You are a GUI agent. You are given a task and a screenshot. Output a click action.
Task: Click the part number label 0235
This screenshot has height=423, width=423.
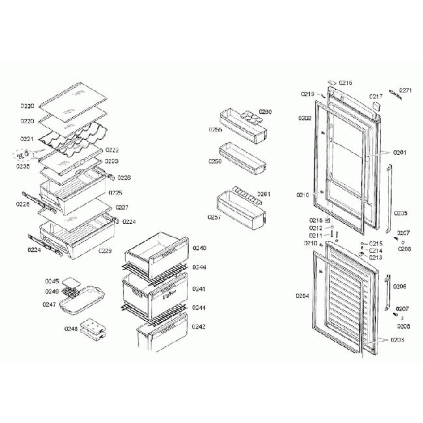coord(23,166)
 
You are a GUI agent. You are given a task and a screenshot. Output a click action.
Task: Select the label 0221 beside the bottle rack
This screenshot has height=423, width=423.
coord(27,139)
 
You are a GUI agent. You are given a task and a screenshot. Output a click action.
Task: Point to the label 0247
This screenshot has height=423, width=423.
coord(49,304)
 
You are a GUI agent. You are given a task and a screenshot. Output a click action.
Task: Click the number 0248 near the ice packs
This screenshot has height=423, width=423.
coord(71,329)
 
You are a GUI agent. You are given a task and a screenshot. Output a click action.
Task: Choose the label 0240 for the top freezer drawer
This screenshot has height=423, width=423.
coord(199,248)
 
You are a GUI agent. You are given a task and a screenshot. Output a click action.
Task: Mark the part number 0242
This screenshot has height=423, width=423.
coord(199,326)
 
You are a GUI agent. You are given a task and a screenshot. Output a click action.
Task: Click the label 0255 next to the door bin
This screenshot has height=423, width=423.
coord(215,130)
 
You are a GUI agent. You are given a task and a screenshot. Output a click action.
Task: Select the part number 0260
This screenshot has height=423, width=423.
coord(265,112)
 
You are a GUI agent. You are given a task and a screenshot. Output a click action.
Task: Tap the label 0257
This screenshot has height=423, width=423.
coord(215,217)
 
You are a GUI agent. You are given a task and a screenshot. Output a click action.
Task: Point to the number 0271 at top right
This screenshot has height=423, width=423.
coord(405,90)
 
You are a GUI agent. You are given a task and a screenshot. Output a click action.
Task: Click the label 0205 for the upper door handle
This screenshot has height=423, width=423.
coord(400,213)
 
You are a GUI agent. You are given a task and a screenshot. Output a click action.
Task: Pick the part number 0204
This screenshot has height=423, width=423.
coord(302,295)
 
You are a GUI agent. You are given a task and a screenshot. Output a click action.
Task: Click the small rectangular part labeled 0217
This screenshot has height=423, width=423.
coord(375,103)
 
